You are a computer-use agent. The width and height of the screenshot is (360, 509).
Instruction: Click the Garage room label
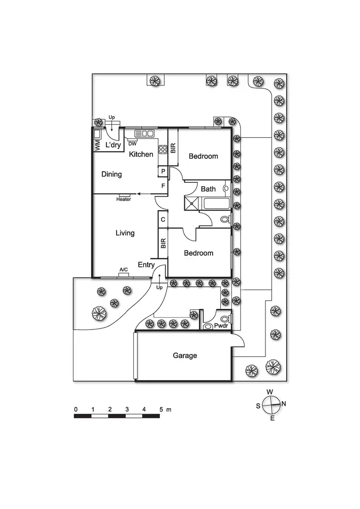point(185,355)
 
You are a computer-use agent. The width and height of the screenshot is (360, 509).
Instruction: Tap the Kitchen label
point(141,154)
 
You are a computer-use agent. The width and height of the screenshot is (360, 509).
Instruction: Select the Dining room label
point(111,174)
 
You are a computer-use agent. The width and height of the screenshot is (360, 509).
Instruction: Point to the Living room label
point(125,233)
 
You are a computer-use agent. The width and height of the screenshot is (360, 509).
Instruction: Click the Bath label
point(208,189)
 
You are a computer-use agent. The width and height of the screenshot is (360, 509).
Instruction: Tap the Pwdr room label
point(221,326)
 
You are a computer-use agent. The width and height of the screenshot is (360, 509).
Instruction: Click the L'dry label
point(113,145)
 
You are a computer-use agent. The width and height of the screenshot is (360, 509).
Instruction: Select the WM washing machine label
point(97,145)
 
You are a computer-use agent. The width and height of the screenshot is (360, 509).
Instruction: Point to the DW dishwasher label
point(133,143)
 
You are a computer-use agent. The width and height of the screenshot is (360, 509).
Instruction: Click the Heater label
point(123,199)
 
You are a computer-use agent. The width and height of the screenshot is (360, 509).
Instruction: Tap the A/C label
point(123,270)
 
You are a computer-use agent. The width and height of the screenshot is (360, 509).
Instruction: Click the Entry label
point(146,264)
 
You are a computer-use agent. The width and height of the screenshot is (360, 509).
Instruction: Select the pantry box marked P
point(163,171)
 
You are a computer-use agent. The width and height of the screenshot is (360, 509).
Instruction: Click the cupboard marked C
point(163,219)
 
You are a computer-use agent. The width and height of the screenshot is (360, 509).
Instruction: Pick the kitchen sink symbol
point(144,133)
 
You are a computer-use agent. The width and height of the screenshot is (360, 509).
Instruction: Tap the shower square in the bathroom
point(192,204)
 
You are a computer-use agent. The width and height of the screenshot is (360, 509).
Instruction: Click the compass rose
point(272,404)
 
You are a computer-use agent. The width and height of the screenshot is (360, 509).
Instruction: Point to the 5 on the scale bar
point(161,409)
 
